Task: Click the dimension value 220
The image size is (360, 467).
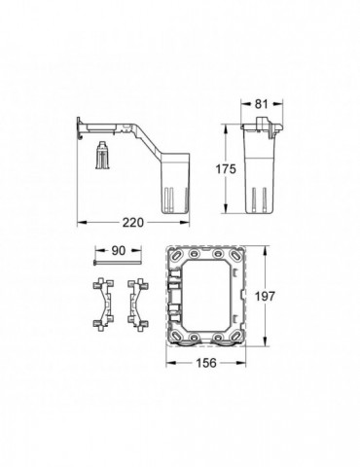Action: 146,221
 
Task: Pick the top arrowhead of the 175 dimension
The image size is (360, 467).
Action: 234,124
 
